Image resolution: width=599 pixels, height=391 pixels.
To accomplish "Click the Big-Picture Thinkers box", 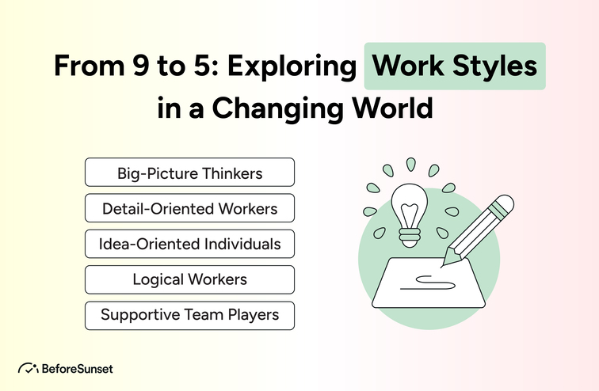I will pos(189,172).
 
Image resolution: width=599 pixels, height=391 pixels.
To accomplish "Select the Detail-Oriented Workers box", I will pos(189,208).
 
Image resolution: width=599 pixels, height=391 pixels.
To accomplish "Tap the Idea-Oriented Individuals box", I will pos(189,244).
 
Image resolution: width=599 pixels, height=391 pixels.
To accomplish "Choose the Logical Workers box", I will pos(189,279).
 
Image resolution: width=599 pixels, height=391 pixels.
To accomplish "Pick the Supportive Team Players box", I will pos(189,315).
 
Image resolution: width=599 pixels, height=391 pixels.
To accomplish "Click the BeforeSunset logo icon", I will pos(29,368).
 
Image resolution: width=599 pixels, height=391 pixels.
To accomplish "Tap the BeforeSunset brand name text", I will pos(78,368).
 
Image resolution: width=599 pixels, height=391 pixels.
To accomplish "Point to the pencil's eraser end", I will pos(503,206).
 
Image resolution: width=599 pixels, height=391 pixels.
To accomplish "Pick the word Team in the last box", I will pos(210,315).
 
